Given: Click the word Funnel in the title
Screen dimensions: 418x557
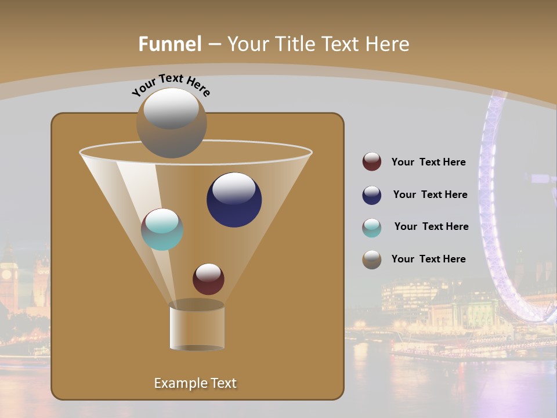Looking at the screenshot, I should (170, 44).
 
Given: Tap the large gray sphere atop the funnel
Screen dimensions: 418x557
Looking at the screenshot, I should (172, 123).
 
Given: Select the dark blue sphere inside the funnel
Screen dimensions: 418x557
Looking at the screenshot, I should (234, 200).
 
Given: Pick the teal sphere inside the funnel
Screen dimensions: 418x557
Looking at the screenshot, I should (162, 229).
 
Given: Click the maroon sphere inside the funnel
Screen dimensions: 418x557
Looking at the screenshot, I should (208, 279).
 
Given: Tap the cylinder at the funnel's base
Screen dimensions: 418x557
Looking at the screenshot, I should (197, 327).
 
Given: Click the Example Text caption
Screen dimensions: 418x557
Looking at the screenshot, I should (196, 383).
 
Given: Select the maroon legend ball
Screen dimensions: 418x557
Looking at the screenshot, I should (372, 162).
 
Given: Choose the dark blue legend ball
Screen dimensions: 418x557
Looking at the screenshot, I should (372, 195).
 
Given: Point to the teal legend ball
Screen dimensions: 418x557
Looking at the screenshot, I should (372, 228).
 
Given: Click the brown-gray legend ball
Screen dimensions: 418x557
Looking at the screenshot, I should (372, 260).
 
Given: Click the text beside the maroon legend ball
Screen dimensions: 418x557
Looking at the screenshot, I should (428, 163).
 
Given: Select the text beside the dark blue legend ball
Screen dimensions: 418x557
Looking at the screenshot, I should (430, 195).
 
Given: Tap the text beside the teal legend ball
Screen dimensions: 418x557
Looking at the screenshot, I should (431, 227).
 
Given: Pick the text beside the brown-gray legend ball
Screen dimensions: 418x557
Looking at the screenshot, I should (428, 260).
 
